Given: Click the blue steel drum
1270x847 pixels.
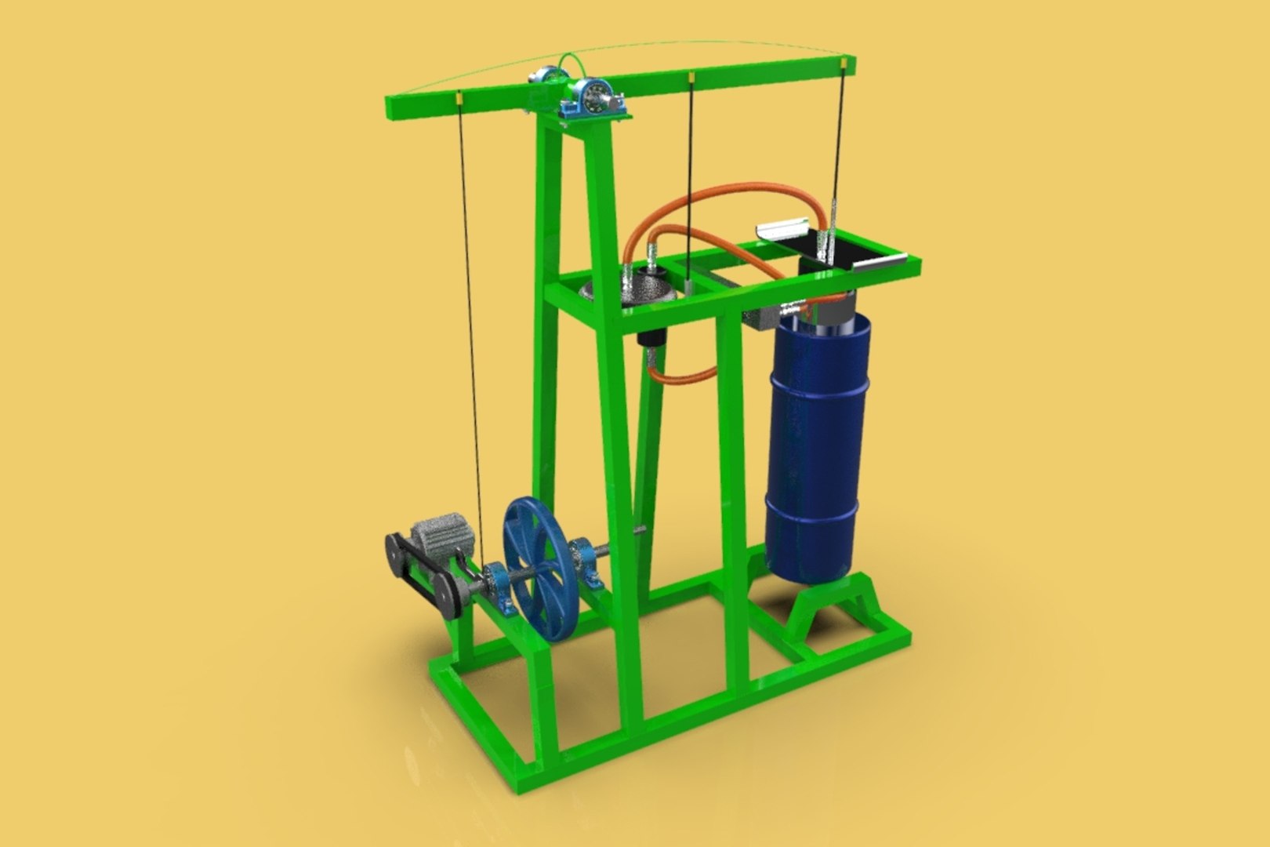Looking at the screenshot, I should click(x=816, y=447).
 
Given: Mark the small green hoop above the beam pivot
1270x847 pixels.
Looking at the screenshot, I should click(x=571, y=63).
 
